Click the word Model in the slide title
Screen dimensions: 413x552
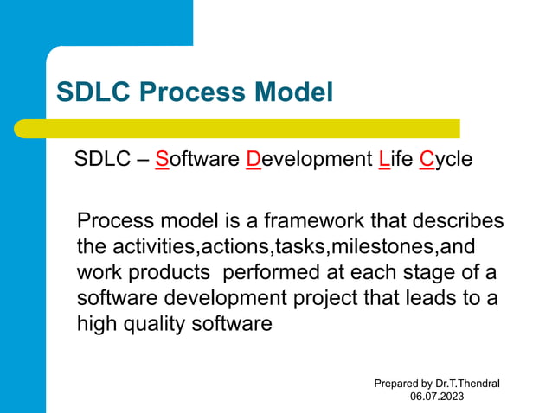pos(293,92)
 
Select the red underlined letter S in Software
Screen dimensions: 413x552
pos(162,160)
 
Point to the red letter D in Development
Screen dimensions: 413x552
pos(254,160)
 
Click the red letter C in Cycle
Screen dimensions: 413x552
pos(426,160)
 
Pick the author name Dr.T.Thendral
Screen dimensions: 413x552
pos(468,383)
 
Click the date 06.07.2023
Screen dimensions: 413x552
pos(437,397)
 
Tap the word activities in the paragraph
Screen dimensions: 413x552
pos(154,246)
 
